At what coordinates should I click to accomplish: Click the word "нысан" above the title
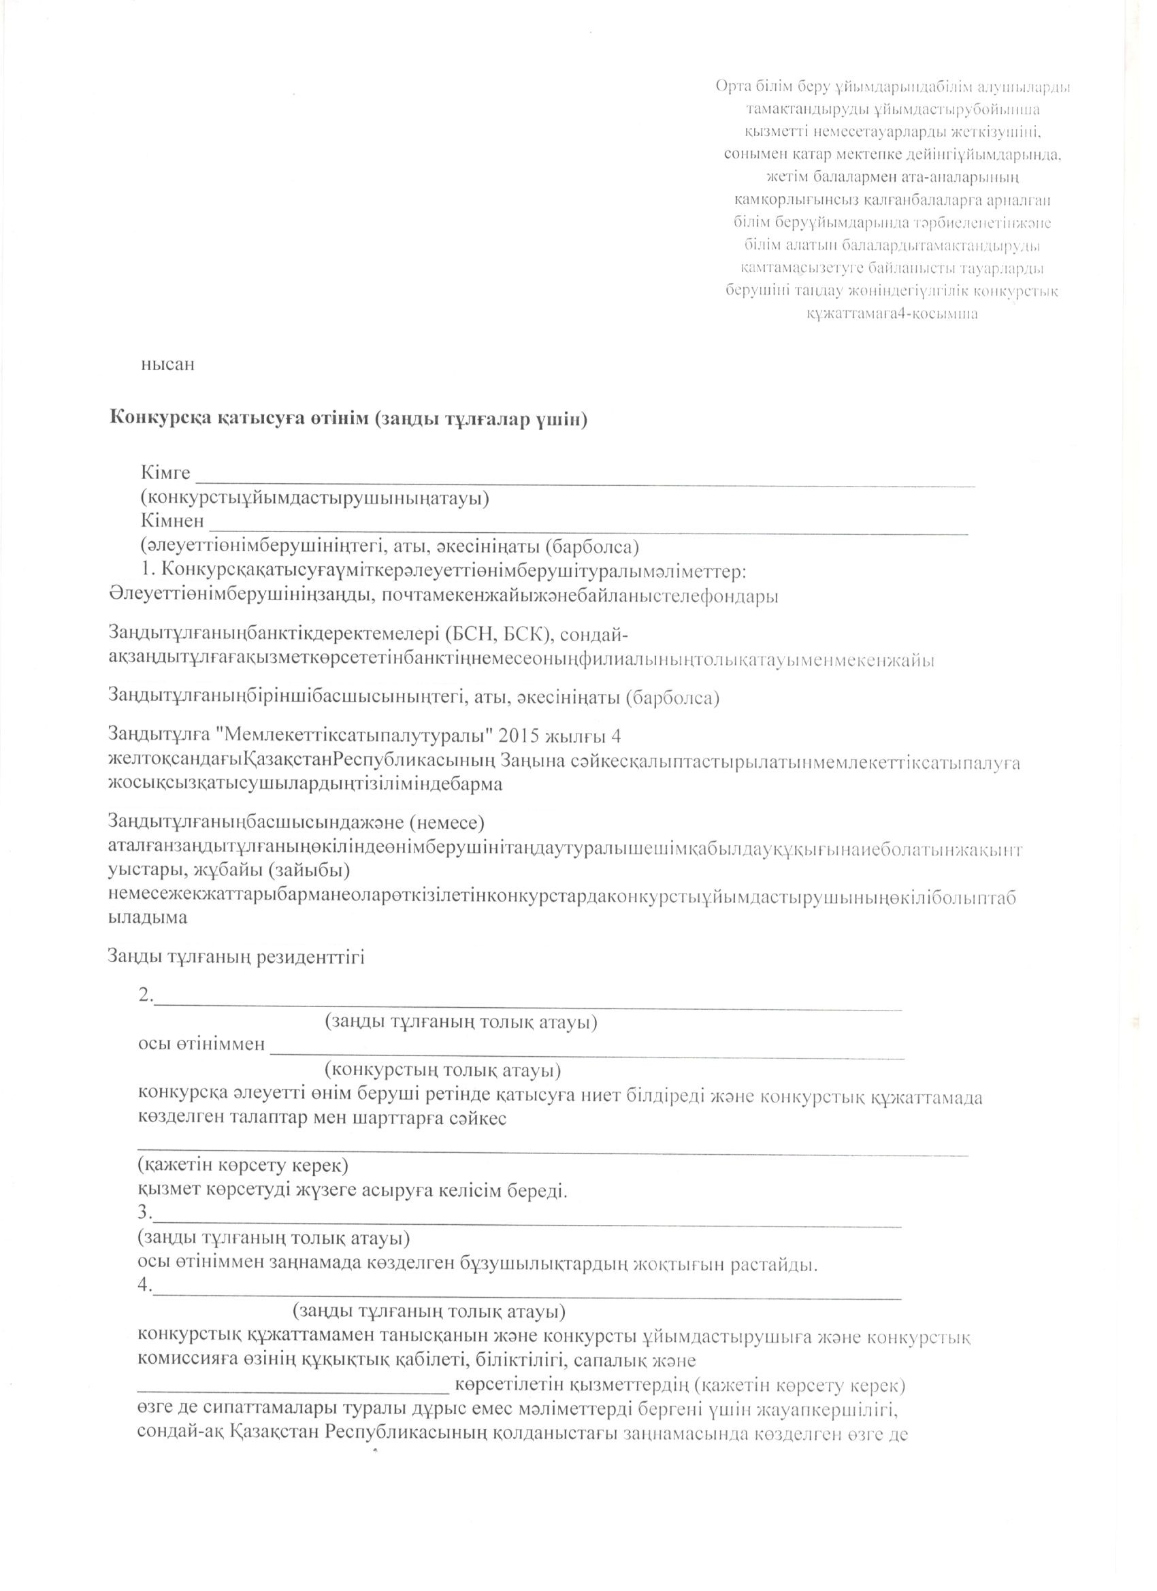tap(167, 365)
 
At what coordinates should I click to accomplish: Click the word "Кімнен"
tap(173, 521)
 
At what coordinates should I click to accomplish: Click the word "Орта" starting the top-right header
tap(732, 88)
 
